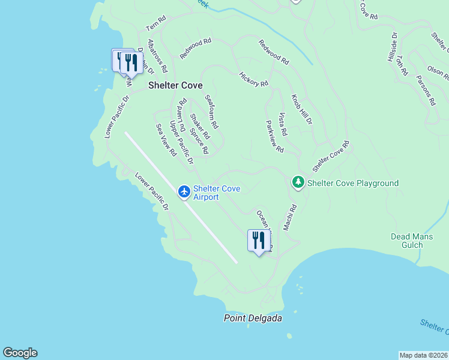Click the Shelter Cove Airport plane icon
point(184,191)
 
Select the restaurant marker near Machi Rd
point(259,241)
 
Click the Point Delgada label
point(253,318)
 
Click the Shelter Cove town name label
point(175,86)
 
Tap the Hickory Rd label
point(253,80)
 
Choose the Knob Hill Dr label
point(302,109)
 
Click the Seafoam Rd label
point(211,112)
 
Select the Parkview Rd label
point(274,136)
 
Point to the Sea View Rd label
point(166,140)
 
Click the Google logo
point(20,353)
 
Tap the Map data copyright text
point(423,355)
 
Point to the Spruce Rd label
point(199,140)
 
